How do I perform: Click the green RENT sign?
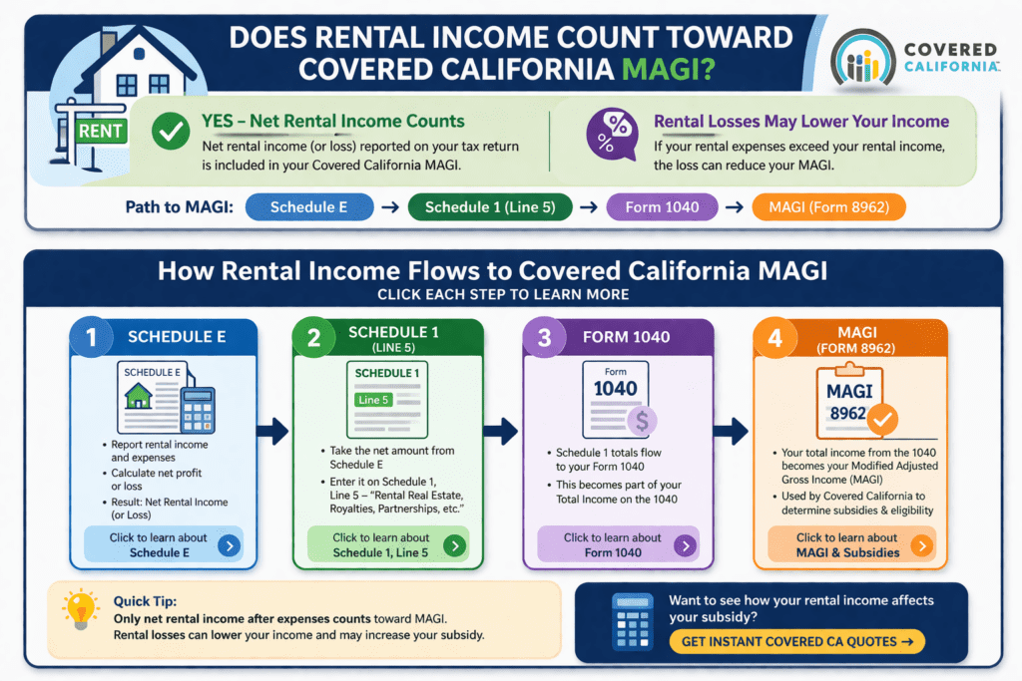(100, 131)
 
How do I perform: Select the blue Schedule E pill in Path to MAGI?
(308, 207)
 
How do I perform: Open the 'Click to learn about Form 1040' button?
(617, 544)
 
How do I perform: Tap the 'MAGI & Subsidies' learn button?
(850, 544)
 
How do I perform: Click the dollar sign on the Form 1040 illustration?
(641, 421)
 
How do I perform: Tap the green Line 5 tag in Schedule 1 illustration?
(373, 399)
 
